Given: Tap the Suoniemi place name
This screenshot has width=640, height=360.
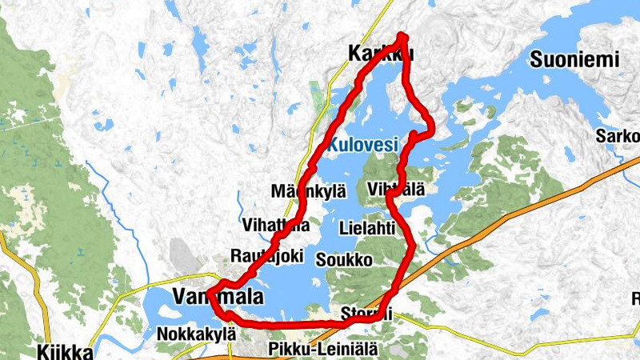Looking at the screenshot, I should [575, 59].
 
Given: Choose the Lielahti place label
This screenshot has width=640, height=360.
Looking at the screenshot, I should [367, 227].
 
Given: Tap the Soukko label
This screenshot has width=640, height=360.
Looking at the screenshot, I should [344, 260].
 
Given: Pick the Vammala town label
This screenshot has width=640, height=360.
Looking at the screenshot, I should [217, 297].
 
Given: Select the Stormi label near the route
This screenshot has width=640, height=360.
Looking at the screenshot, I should [366, 313].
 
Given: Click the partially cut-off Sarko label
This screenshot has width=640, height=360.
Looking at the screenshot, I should [618, 136].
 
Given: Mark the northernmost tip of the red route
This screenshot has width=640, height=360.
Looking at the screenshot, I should [402, 36].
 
